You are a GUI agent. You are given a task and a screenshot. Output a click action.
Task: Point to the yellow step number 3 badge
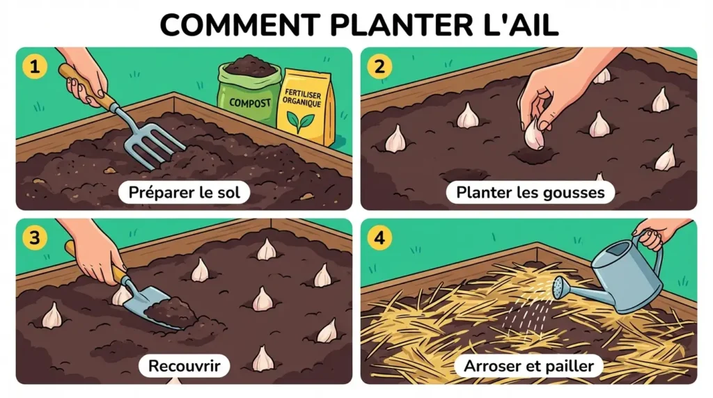[33, 237]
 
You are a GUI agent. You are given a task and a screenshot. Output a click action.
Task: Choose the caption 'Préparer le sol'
[184, 193]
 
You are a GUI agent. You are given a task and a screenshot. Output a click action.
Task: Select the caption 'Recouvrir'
[184, 365]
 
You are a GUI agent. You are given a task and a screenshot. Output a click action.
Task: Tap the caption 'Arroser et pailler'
[529, 365]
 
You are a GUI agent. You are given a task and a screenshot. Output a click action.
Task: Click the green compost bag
[249, 94]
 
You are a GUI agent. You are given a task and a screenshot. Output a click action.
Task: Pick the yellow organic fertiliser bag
[305, 104]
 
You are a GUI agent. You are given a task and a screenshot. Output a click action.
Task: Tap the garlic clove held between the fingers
[534, 134]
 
